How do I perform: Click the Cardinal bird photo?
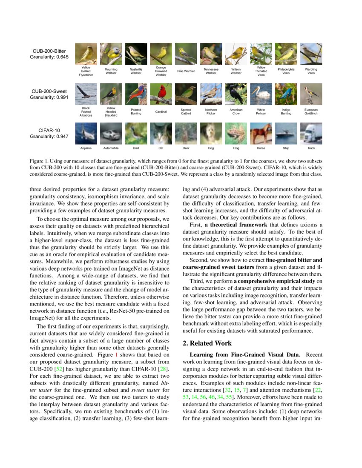point(161,94)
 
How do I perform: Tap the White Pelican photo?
point(261,94)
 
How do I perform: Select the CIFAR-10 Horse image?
point(261,134)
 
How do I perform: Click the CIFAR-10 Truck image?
point(311,134)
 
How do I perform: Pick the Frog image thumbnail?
point(236,134)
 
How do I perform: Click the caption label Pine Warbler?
point(186,71)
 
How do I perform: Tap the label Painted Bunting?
point(136,111)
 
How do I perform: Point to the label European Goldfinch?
point(311,111)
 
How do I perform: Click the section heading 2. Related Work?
point(207,343)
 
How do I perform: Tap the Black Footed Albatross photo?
point(86,94)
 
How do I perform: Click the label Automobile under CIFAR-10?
point(111,148)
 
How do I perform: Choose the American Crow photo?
point(236,94)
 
